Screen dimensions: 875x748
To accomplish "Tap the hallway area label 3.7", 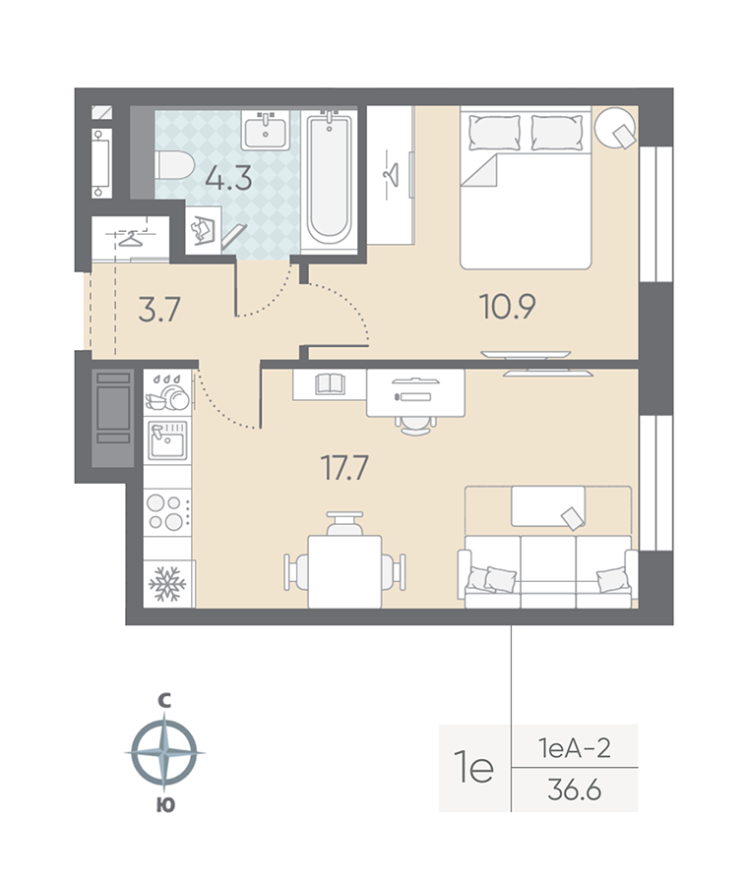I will click(x=158, y=312).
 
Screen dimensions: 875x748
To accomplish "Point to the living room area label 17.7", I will click(x=344, y=468).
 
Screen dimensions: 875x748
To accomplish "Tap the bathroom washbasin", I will click(x=267, y=129).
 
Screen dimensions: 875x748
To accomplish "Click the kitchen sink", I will click(x=168, y=440).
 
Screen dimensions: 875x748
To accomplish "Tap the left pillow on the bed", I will click(x=492, y=131).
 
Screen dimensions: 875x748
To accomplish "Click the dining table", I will click(x=343, y=569).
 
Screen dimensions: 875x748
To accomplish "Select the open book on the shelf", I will click(x=329, y=384).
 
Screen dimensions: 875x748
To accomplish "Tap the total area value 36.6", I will click(x=575, y=790).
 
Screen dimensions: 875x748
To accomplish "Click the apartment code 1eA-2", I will click(x=575, y=749).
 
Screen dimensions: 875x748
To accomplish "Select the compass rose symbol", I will click(x=164, y=752).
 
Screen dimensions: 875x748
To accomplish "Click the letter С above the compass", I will click(x=165, y=701).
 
